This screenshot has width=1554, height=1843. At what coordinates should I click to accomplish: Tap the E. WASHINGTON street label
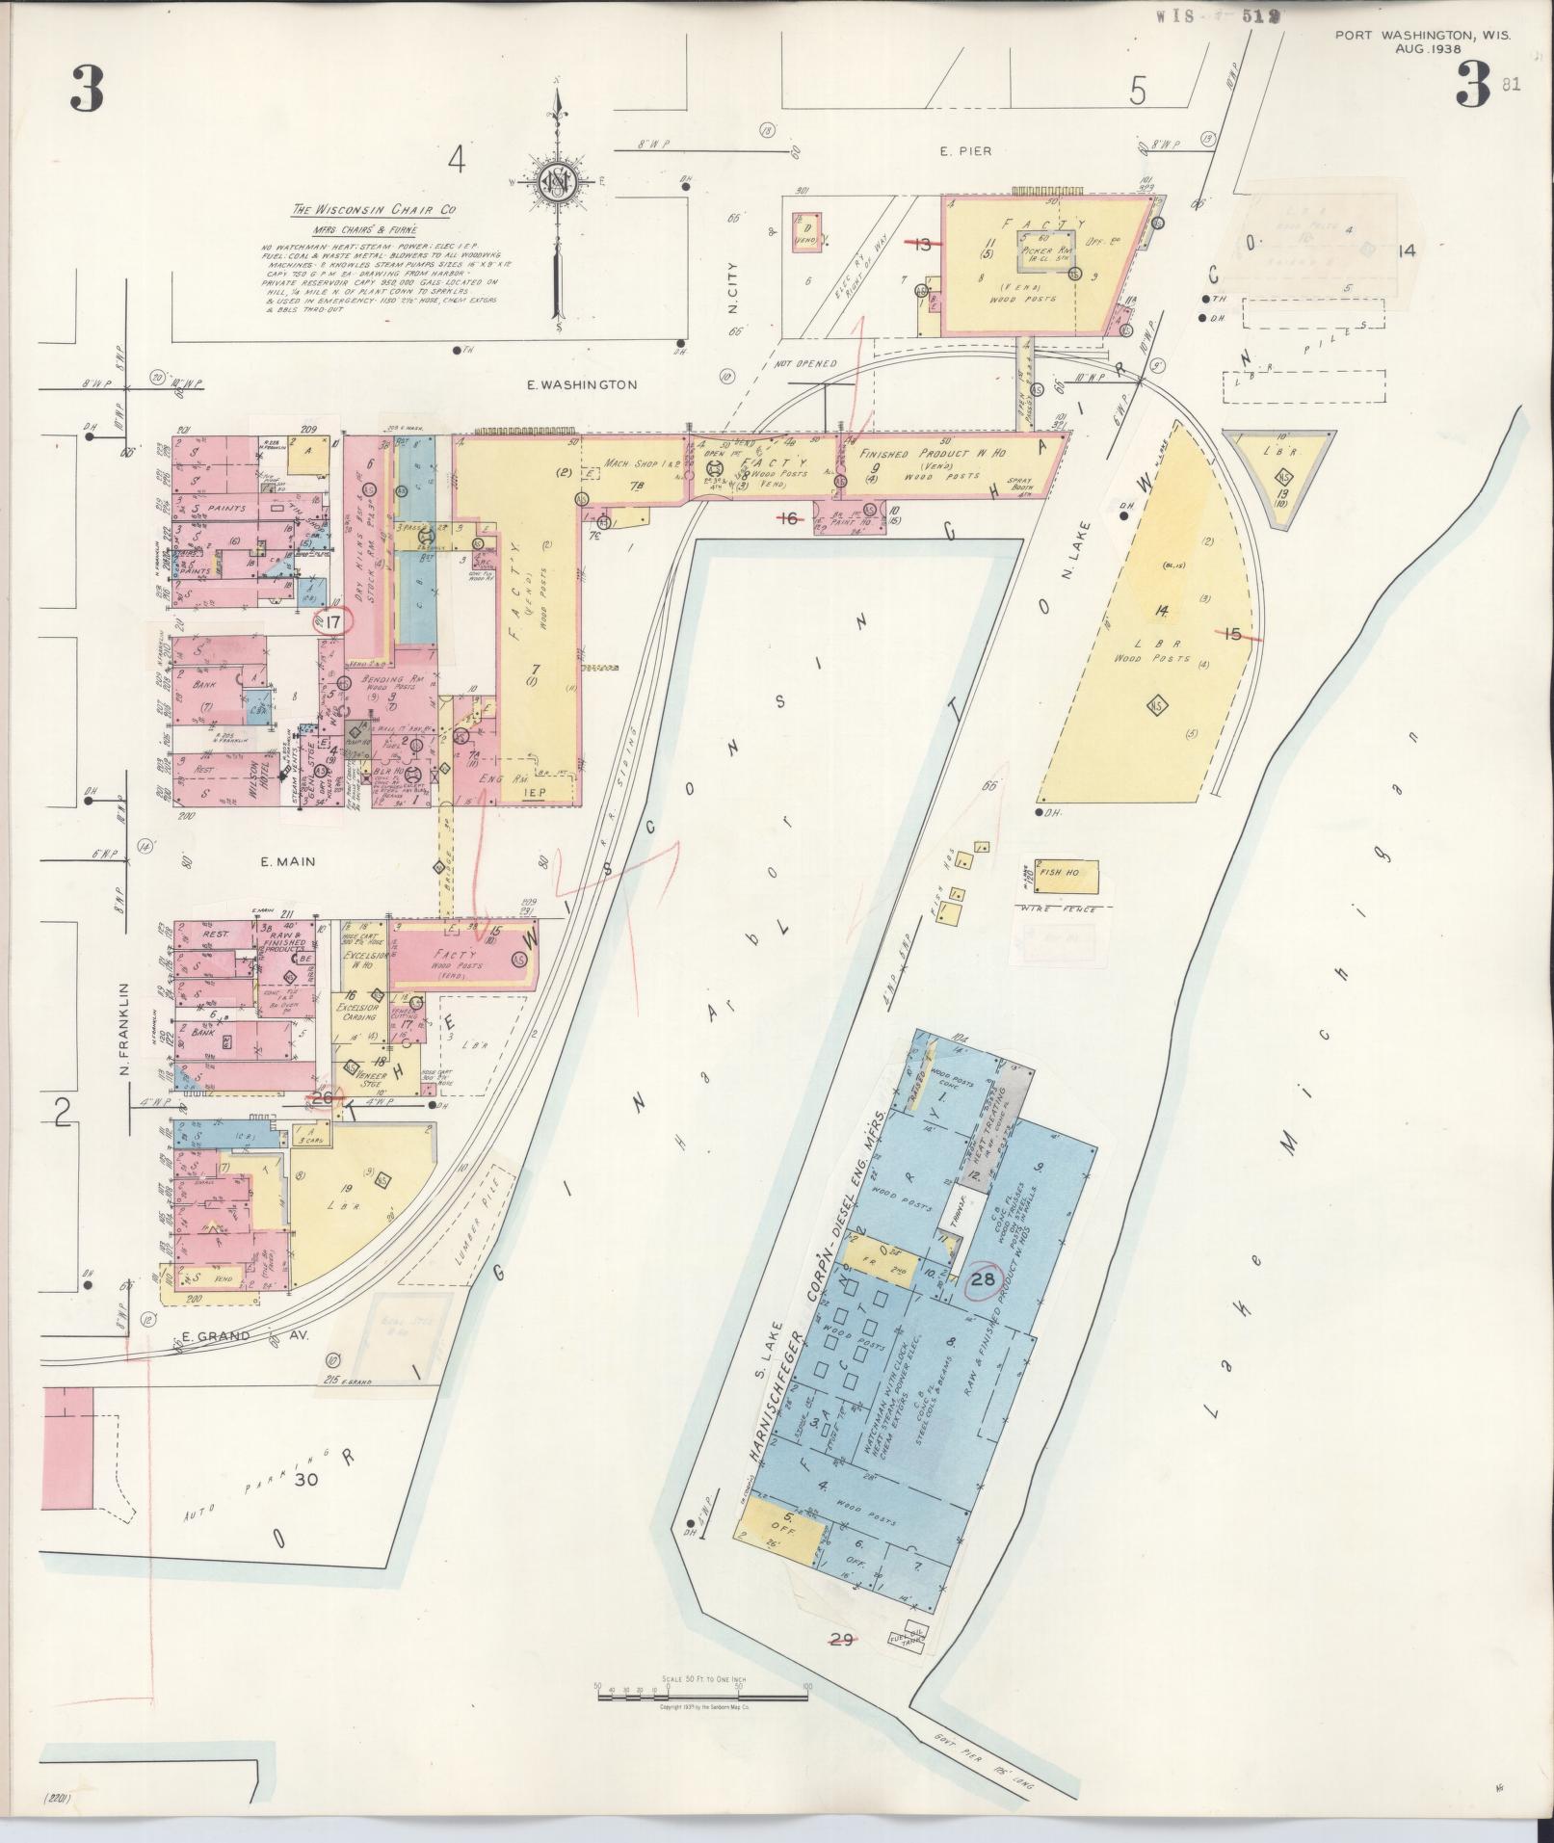pos(582,384)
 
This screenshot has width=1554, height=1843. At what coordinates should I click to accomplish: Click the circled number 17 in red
pos(333,622)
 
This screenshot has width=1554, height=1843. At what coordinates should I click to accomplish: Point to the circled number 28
pos(983,1279)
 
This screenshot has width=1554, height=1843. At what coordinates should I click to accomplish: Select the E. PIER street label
pos(965,150)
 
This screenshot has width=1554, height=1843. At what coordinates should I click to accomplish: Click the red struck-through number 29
pos(841,1640)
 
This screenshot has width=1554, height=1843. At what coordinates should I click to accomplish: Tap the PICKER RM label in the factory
pos(1047,250)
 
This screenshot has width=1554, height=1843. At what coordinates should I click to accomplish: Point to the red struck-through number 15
pos(1233,633)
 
